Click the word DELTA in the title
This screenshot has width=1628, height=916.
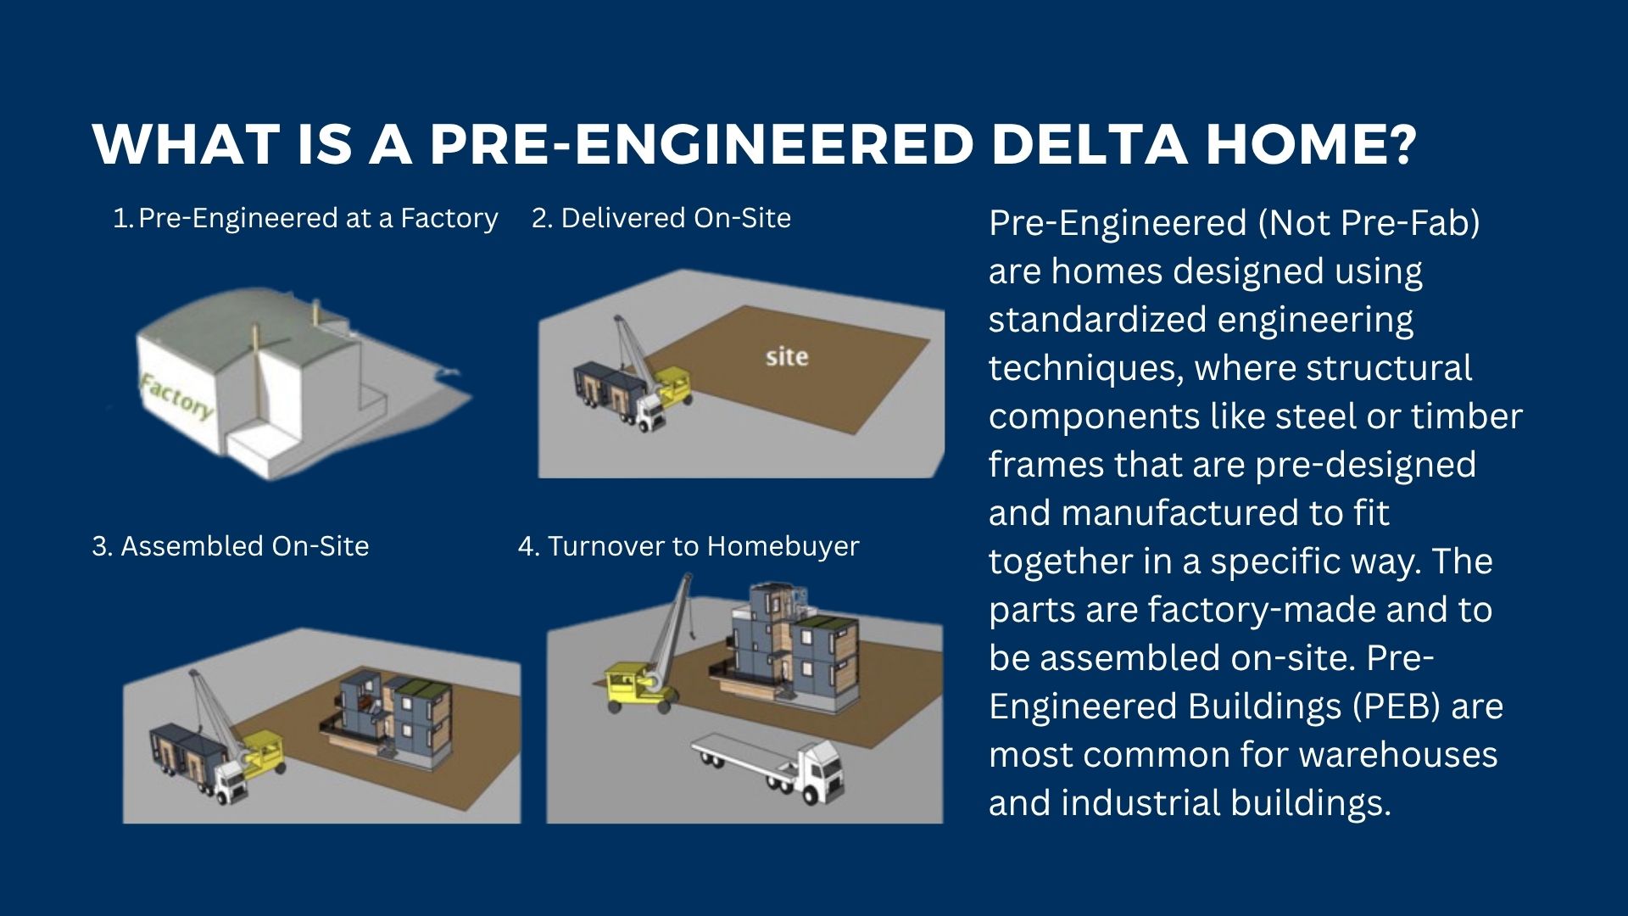point(1089,144)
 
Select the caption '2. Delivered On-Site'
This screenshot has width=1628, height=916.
point(661,218)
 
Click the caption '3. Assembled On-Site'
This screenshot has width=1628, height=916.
point(231,546)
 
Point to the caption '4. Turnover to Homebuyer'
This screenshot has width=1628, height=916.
point(689,546)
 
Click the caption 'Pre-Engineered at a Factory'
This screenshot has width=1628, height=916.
point(318,219)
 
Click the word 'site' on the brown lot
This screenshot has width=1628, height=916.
point(787,356)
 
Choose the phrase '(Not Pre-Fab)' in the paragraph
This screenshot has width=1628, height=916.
point(1369,223)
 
